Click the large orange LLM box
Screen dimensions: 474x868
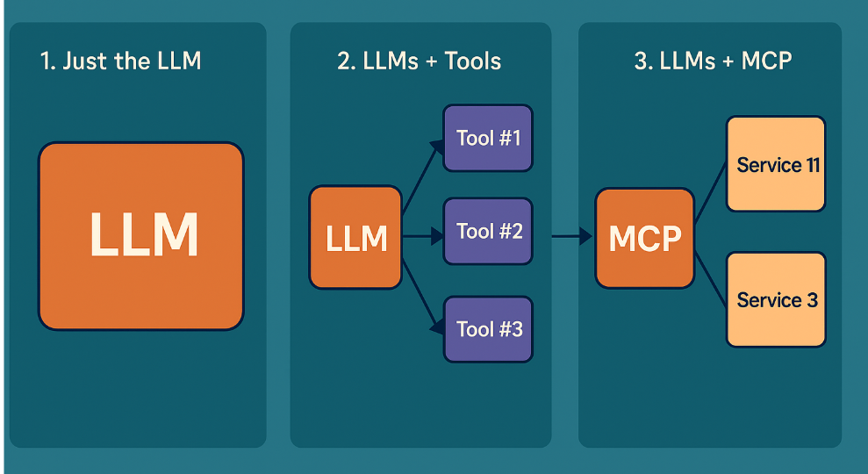[140, 235]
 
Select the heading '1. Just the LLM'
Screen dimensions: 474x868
[120, 61]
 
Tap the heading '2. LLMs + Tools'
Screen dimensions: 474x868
[419, 61]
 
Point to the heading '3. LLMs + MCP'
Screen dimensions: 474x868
[713, 61]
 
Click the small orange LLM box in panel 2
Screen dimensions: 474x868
[355, 238]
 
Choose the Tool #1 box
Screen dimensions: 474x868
[488, 138]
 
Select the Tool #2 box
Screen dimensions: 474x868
[488, 232]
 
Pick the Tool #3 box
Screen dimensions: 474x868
[488, 329]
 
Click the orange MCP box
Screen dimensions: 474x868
[644, 238]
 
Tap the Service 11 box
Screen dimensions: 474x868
[776, 164]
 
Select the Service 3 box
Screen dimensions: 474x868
[776, 300]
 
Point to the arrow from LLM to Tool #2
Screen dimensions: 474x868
[422, 236]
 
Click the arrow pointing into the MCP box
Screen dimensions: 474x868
[572, 236]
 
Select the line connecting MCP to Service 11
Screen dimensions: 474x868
[710, 195]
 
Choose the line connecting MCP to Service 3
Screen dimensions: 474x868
[710, 279]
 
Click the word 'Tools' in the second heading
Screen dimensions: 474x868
[473, 61]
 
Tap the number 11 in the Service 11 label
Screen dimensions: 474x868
[812, 164]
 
